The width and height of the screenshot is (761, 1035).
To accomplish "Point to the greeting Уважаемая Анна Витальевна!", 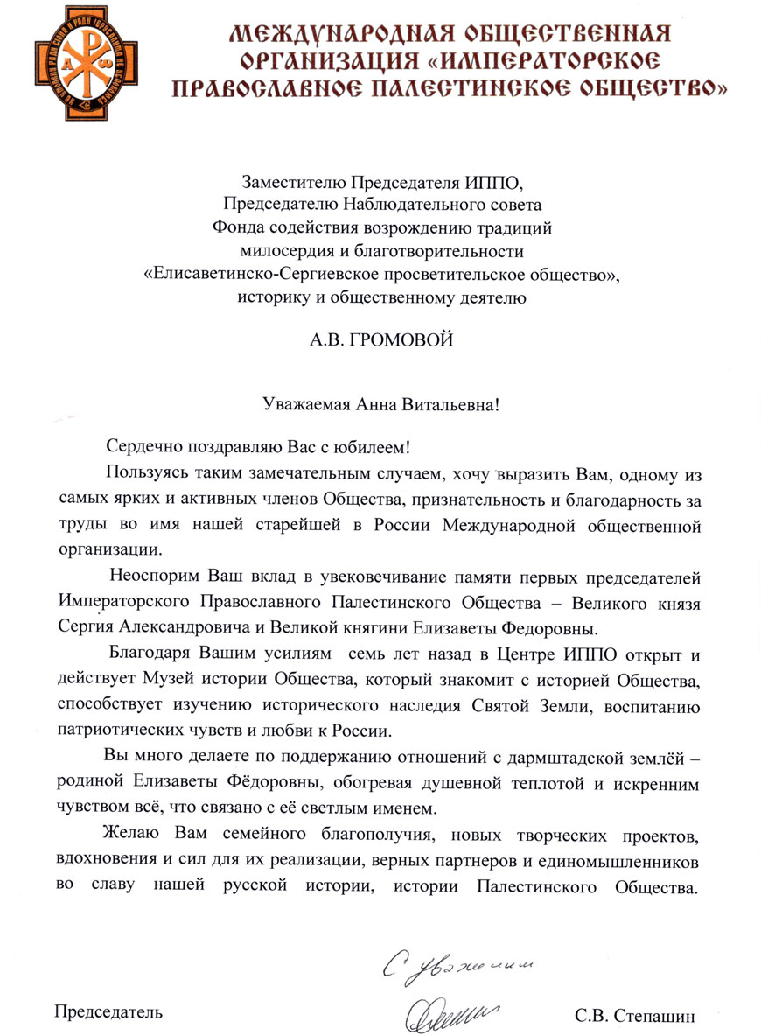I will (x=380, y=404).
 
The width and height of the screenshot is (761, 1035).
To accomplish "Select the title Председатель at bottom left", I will (x=108, y=1012).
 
